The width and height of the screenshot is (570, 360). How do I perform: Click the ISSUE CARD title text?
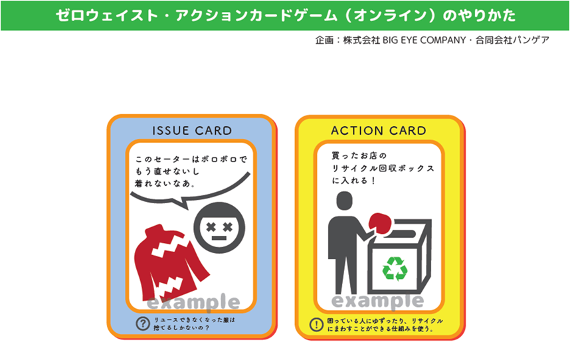[x=192, y=131]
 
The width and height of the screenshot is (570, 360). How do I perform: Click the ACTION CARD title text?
[x=379, y=131]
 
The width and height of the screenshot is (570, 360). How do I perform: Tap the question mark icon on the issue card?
[x=143, y=323]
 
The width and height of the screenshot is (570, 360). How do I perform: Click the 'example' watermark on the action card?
[x=378, y=302]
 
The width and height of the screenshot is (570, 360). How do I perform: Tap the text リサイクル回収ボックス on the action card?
[x=384, y=169]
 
